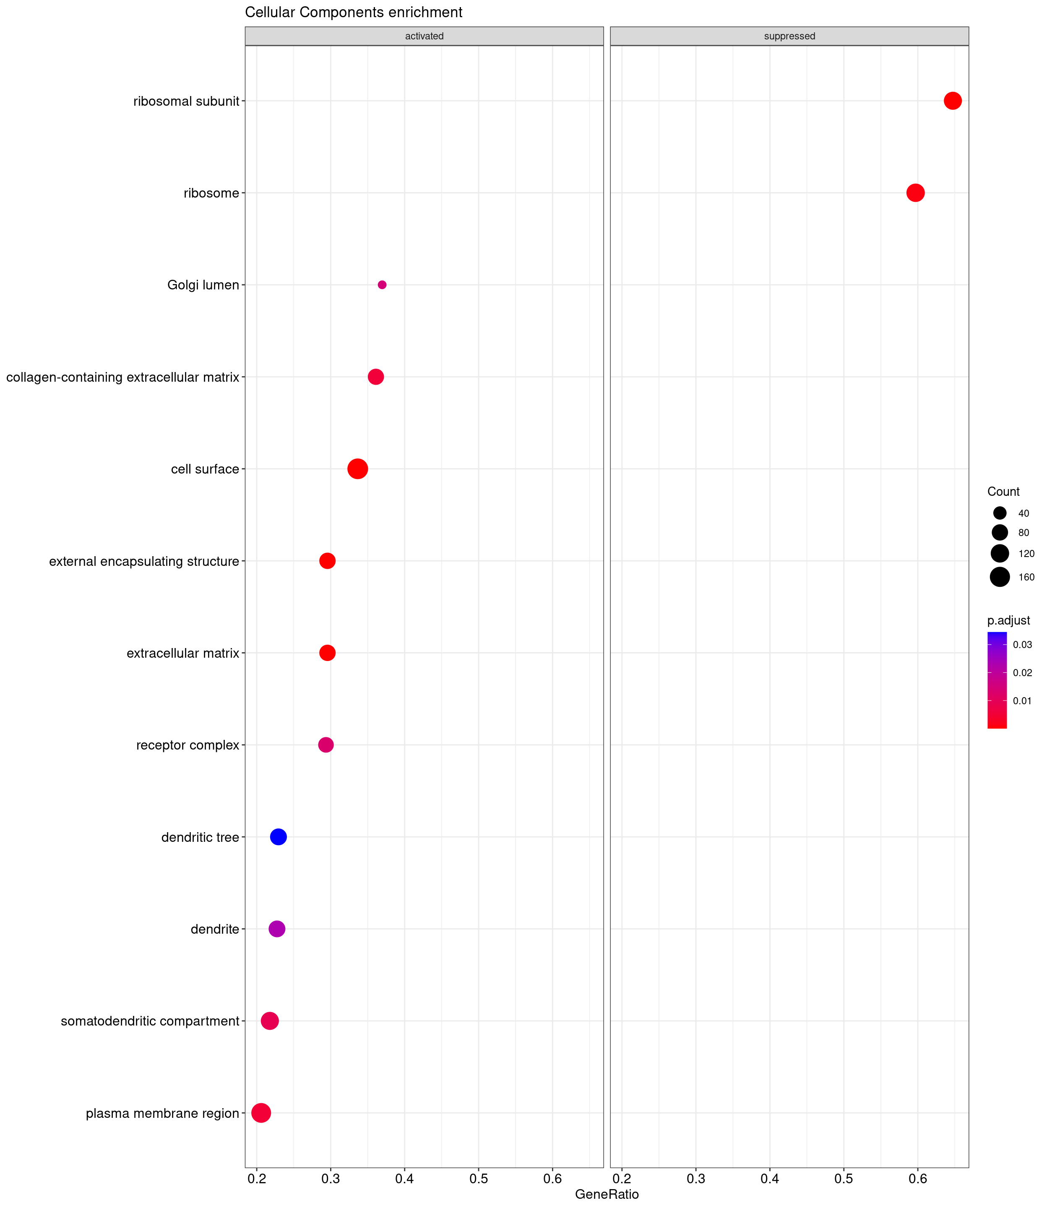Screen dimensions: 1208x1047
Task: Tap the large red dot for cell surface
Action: [x=357, y=469]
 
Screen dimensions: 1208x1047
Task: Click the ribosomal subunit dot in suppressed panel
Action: [x=952, y=101]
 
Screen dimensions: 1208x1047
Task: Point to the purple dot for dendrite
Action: [x=277, y=929]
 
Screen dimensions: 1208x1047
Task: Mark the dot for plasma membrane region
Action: [x=261, y=1113]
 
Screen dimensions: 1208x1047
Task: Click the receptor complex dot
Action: [x=326, y=745]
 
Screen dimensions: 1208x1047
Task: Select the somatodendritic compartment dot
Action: [x=270, y=1021]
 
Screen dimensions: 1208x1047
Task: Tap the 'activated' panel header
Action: [x=424, y=36]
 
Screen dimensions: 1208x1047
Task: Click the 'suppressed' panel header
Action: [x=789, y=36]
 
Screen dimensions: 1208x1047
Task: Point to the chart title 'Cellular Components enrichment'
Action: [x=354, y=12]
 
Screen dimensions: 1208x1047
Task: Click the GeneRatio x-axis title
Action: [x=607, y=1194]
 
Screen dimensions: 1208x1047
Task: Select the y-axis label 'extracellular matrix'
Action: [x=183, y=653]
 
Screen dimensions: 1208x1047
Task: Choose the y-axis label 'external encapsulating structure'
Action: [x=144, y=561]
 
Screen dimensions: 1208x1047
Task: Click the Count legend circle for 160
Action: [x=1000, y=577]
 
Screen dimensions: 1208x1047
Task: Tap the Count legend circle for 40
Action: [x=1000, y=513]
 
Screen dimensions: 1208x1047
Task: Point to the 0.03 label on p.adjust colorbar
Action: [x=1023, y=645]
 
